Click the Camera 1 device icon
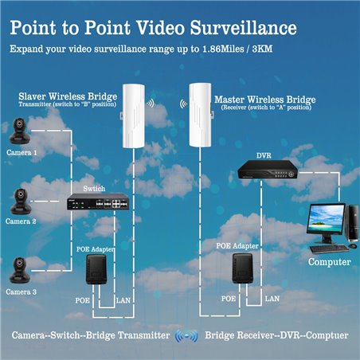click(20, 131)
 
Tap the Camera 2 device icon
click(21, 202)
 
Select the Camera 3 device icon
click(20, 270)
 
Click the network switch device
click(98, 202)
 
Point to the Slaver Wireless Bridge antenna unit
click(134, 115)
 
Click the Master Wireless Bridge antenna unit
click(200, 115)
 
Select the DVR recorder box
click(268, 170)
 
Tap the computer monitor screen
click(327, 219)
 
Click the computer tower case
click(352, 222)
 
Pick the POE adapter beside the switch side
click(96, 269)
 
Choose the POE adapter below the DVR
click(242, 268)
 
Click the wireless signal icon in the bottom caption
click(186, 336)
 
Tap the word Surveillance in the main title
click(243, 28)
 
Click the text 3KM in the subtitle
click(262, 49)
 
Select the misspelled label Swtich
click(94, 189)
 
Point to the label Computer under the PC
click(329, 262)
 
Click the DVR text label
click(264, 155)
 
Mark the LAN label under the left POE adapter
click(123, 300)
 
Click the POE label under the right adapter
click(229, 299)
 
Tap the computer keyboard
click(329, 248)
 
